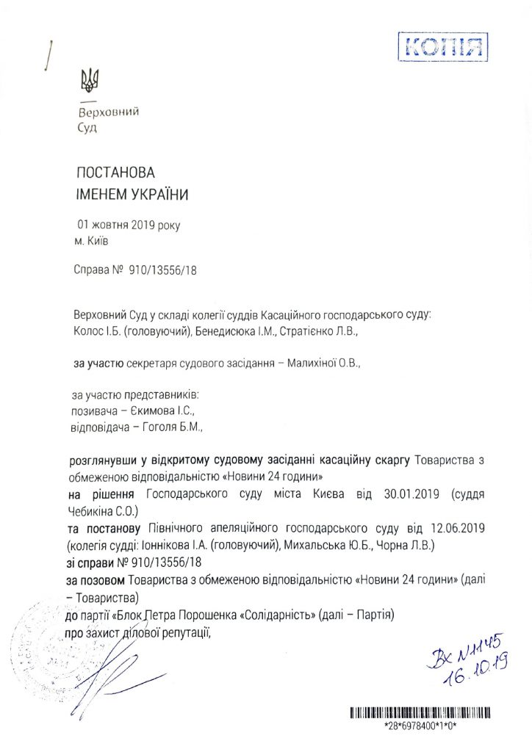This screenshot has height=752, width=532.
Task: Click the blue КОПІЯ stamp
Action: tap(442, 48)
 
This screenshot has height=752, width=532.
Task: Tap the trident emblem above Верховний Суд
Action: tap(90, 79)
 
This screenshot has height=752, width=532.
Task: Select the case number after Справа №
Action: tap(163, 270)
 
